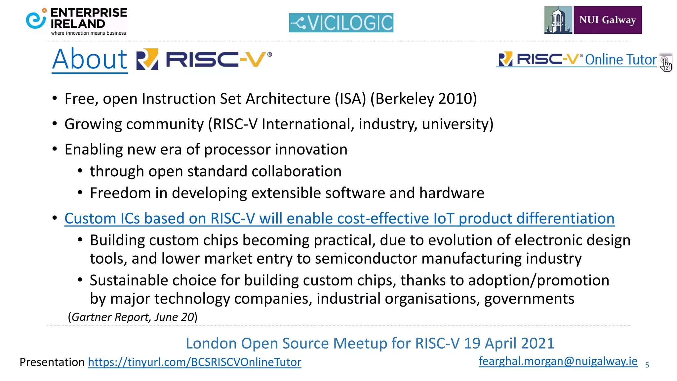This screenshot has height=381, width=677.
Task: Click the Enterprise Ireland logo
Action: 77,21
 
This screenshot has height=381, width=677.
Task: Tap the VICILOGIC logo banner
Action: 341,22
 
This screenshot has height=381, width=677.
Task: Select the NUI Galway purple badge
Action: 608,20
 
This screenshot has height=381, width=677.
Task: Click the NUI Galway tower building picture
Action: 558,20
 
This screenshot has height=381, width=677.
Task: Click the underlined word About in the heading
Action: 90,60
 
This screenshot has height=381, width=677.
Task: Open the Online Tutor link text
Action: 620,60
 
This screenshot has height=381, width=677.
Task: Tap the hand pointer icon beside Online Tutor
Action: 665,63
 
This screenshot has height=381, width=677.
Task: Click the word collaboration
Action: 296,171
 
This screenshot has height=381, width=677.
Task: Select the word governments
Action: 529,299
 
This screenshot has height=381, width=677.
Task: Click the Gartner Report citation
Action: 133,317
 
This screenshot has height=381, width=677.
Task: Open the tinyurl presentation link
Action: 194,362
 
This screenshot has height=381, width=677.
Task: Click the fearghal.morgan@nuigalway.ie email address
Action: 558,361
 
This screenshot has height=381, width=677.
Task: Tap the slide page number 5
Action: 647,365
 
